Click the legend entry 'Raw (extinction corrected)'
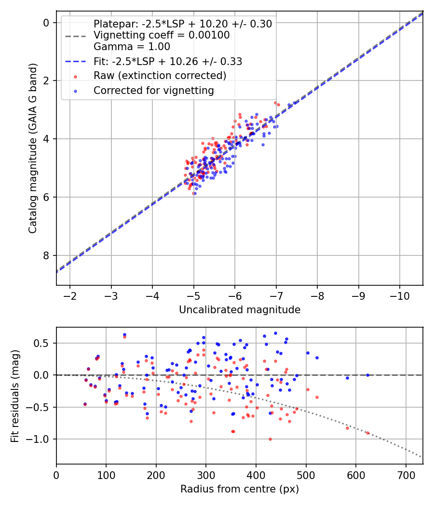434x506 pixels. [160, 76]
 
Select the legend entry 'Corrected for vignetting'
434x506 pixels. [154, 90]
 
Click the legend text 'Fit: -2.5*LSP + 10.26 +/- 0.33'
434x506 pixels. [168, 61]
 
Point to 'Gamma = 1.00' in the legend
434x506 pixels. [132, 47]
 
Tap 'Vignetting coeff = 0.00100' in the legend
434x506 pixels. [162, 35]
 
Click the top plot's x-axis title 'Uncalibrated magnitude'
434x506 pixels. [240, 310]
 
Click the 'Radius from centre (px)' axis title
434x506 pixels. [240, 489]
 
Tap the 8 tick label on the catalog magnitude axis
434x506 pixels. [46, 255]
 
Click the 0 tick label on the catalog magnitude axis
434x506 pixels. [46, 23]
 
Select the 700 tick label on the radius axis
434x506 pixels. [406, 474]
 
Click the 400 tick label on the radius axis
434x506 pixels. [256, 474]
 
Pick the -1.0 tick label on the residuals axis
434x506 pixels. [41, 439]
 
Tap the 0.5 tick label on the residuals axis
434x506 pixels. [43, 343]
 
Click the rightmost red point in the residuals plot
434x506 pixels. [367, 433]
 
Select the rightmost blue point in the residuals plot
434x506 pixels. [367, 375]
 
